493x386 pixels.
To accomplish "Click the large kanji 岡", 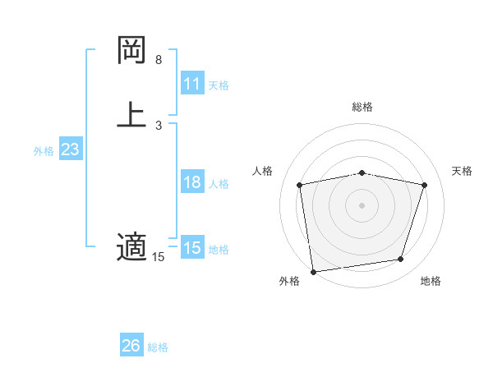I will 131,51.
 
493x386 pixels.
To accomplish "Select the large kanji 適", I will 131,246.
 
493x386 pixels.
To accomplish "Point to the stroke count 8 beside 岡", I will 159,60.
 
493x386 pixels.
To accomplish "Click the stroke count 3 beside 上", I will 159,125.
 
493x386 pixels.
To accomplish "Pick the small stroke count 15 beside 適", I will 159,257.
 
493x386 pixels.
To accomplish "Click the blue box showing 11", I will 192,84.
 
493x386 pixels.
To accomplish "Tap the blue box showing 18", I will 192,182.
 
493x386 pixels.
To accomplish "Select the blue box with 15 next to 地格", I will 192,248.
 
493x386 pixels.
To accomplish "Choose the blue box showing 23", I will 70,150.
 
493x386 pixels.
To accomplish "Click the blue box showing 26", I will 131,346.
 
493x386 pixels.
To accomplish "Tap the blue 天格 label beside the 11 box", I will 219,85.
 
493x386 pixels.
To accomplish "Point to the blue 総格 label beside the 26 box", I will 158,347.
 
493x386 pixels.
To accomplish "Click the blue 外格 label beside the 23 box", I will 44,151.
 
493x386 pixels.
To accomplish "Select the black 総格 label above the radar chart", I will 362,107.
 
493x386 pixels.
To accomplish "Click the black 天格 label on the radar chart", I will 462,171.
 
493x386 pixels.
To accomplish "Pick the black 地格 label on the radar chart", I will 431,282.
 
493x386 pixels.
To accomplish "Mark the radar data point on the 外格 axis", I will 313,271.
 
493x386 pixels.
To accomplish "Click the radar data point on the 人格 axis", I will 300,185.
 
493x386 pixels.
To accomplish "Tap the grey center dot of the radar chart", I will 362,204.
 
